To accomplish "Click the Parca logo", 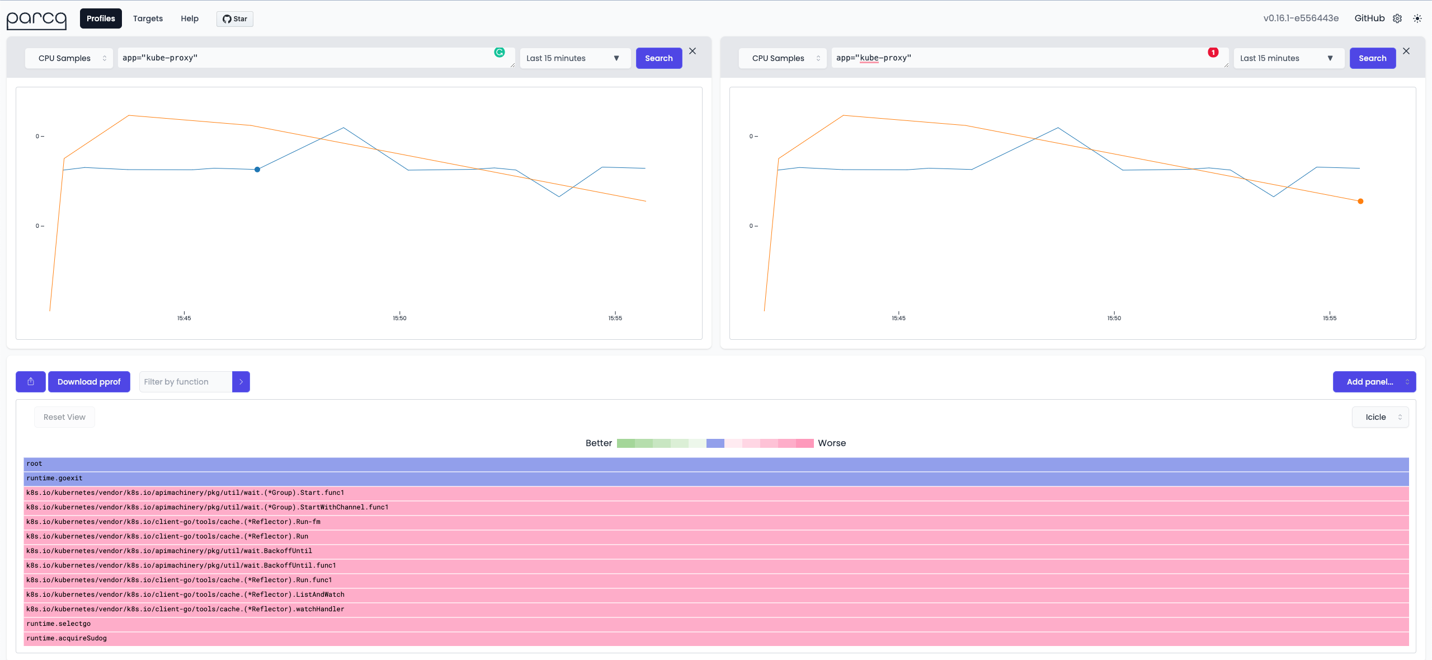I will (36, 20).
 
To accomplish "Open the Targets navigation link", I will (148, 18).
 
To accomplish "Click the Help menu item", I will (190, 18).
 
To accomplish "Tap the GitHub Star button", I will (235, 19).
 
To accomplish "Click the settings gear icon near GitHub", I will (1397, 18).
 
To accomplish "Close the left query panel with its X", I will (693, 51).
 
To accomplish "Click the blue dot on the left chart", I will (257, 170).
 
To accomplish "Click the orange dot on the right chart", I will (1360, 202).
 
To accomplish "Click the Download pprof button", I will (89, 382).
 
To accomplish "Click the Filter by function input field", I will (186, 382).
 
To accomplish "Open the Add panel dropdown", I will (1374, 382).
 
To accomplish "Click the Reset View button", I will (64, 417).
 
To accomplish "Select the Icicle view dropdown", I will (1380, 417).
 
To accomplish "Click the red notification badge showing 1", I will (1213, 53).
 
